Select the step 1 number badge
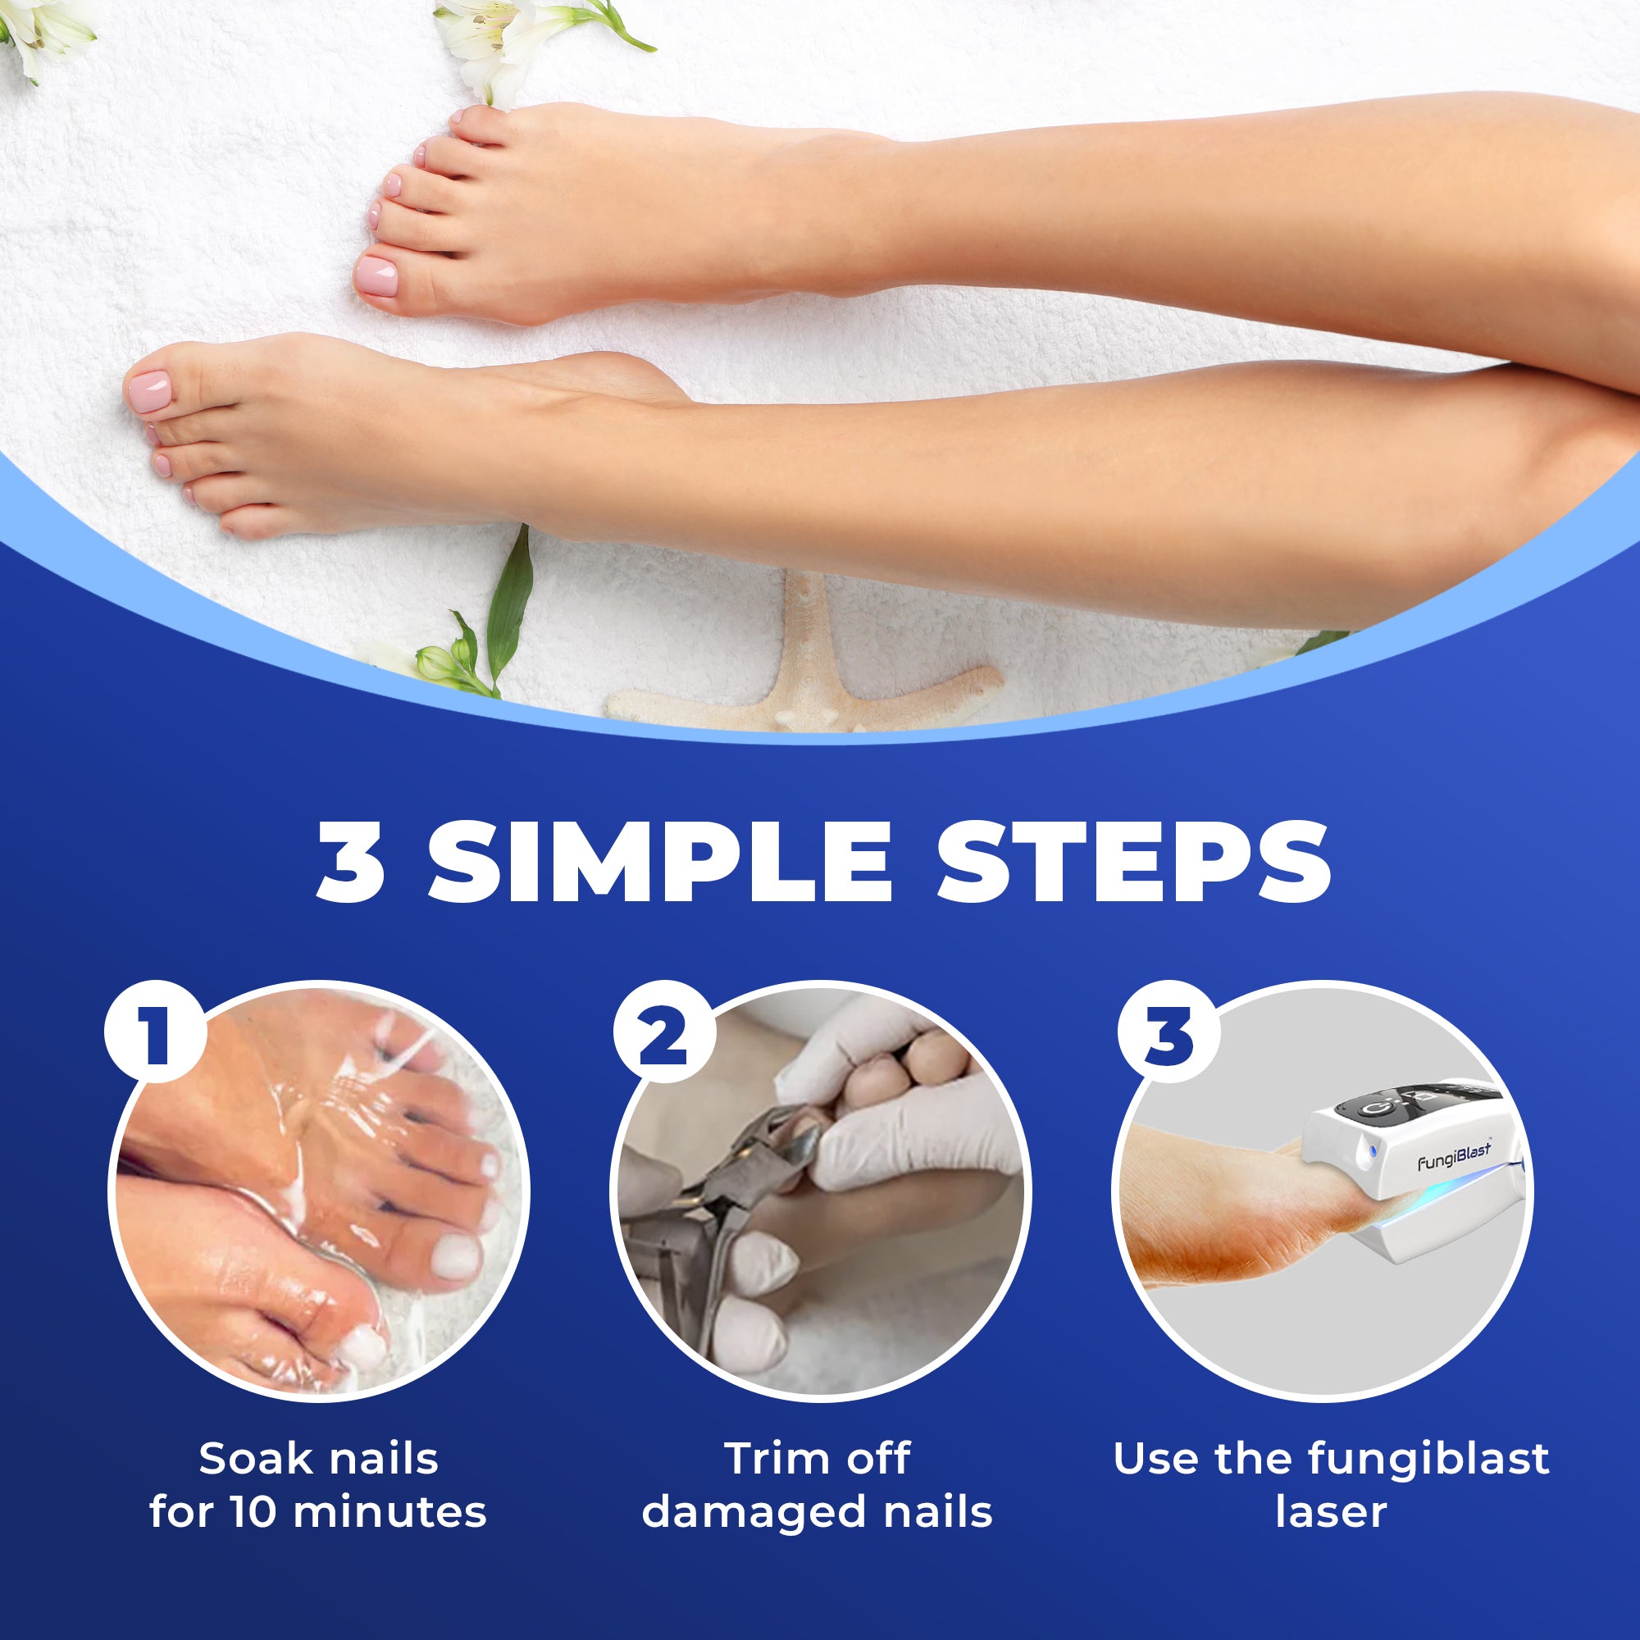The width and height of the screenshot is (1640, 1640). (x=155, y=1034)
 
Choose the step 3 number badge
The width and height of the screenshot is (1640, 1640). (x=1168, y=1034)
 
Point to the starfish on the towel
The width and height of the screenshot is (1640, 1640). (x=802, y=671)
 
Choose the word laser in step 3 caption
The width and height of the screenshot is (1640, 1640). (x=1331, y=1512)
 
